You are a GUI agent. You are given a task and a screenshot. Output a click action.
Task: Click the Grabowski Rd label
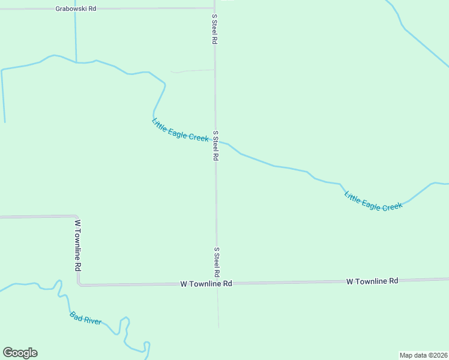coord(76,9)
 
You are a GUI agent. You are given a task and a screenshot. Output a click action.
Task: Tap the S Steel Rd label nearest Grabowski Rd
coord(214,29)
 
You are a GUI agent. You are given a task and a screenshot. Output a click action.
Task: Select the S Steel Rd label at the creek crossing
coord(215,146)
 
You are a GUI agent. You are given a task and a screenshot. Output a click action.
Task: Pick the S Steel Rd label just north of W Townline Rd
coord(216,262)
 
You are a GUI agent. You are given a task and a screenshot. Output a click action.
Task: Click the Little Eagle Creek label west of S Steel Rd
coord(179,130)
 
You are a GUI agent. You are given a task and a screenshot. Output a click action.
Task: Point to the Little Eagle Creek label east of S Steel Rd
coord(373,200)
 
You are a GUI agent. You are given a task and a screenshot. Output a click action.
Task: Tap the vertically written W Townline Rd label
coord(77,244)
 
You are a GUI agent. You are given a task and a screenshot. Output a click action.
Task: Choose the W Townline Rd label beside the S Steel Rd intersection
coord(206,283)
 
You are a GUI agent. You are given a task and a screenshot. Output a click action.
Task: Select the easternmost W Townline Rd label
coord(372,281)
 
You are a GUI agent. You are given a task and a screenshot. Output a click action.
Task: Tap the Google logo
coord(20,353)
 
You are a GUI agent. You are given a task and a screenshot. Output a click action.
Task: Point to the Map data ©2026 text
coord(423,355)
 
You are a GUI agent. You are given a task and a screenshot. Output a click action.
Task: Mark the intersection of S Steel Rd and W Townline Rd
coord(217,283)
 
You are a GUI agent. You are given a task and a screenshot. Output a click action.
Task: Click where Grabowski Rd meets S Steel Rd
coord(214,8)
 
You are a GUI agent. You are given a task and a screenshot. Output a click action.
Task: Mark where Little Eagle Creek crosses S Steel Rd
coord(215,141)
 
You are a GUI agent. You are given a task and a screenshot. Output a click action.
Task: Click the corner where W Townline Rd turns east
coord(79,284)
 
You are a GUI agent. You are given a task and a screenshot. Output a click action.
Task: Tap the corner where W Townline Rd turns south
coord(76,217)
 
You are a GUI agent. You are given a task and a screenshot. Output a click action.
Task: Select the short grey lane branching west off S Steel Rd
coord(192,71)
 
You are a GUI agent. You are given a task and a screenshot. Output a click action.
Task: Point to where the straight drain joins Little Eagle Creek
coord(76,62)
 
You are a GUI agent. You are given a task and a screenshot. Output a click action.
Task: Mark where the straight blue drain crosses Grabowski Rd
coord(75,9)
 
